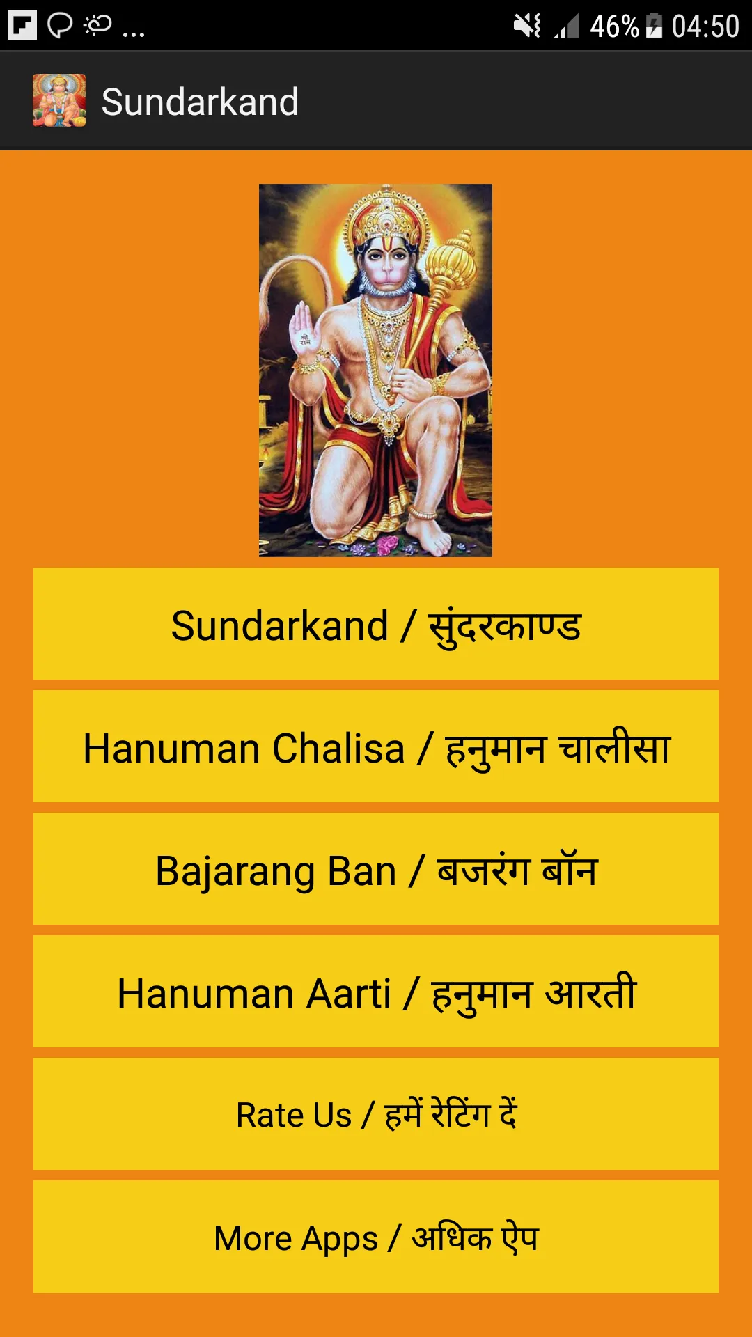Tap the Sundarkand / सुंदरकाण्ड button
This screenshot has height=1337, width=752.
376,624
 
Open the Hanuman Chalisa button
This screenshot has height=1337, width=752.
376,746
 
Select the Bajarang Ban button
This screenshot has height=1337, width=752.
376,869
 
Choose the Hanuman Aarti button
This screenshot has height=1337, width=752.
376,992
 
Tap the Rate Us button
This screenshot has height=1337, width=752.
376,1114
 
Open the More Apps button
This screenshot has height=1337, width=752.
376,1237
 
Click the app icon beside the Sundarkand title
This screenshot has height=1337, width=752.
59,101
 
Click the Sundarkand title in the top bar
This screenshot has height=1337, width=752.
200,102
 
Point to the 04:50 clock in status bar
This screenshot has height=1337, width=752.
705,26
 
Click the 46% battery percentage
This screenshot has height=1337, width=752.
614,26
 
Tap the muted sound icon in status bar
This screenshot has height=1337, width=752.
527,26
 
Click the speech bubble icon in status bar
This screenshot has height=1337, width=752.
60,26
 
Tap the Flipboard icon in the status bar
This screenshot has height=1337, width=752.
22,26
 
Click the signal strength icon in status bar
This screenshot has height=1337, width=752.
567,26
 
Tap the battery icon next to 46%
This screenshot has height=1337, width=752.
654,26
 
